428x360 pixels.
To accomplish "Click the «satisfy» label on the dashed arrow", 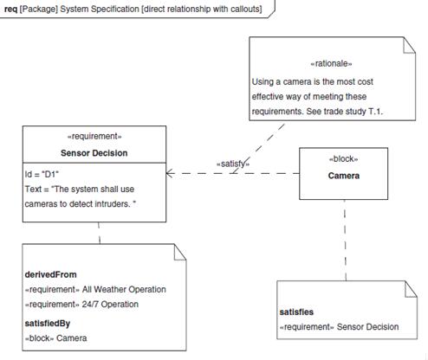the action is pyautogui.click(x=233, y=164).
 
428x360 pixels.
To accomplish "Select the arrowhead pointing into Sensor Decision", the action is pyautogui.click(x=170, y=173).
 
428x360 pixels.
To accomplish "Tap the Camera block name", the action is pyautogui.click(x=344, y=176).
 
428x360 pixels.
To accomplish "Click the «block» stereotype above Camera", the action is pyautogui.click(x=343, y=159).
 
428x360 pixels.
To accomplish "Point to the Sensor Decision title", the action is pyautogui.click(x=94, y=153).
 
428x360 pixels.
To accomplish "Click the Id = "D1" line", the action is pyautogui.click(x=42, y=174).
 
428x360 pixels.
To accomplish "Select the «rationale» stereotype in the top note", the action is pyautogui.click(x=331, y=63).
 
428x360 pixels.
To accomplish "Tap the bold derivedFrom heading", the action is pyautogui.click(x=51, y=274).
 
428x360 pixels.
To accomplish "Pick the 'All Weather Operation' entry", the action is pyautogui.click(x=124, y=289).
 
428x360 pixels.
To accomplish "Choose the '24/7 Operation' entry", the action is pyautogui.click(x=110, y=304).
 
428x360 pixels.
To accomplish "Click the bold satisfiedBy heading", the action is pyautogui.click(x=48, y=324).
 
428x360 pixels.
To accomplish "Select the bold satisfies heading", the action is pyautogui.click(x=296, y=312).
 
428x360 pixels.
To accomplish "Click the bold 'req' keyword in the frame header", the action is pyautogui.click(x=11, y=10).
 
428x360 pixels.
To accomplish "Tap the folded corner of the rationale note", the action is pyautogui.click(x=409, y=45).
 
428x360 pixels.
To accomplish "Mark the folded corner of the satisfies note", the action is pyautogui.click(x=411, y=289).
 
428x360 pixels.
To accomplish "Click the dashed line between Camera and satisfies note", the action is pyautogui.click(x=345, y=240).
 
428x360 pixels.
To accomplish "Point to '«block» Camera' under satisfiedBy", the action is pyautogui.click(x=55, y=338).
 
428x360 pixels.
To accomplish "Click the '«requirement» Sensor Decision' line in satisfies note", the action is pyautogui.click(x=340, y=327).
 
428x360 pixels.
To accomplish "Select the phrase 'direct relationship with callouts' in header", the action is pyautogui.click(x=201, y=9).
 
